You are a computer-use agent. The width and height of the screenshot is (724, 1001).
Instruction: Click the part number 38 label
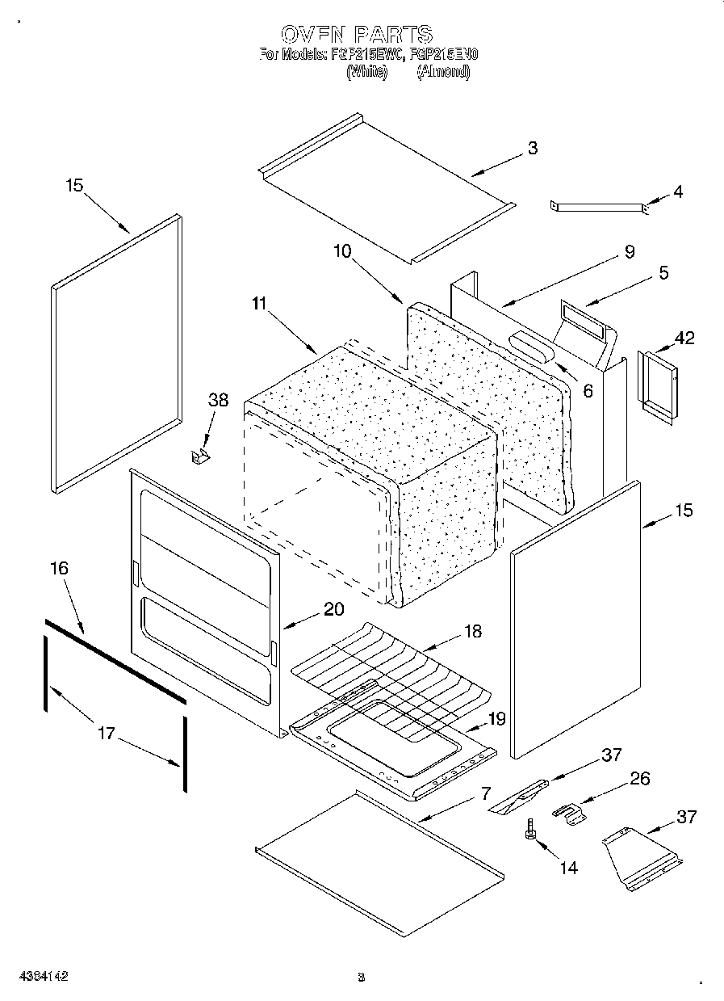(218, 400)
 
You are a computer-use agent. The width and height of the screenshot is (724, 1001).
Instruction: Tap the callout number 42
(684, 338)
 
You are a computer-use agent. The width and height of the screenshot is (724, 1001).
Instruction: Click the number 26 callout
(639, 779)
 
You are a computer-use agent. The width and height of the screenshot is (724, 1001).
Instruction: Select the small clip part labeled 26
(570, 813)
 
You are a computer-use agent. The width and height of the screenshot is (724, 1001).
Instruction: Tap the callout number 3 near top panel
(532, 148)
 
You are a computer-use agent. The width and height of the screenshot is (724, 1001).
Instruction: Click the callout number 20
(334, 610)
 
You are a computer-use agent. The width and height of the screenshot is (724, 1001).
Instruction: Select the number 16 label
(59, 568)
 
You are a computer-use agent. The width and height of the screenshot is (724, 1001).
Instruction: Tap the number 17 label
(107, 734)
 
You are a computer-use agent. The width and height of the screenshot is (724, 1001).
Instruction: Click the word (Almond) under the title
(442, 72)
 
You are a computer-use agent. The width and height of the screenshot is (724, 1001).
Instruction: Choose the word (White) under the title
(367, 72)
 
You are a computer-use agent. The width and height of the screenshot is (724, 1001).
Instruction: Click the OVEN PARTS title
(356, 34)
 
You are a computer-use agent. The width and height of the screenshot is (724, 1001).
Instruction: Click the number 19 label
(496, 718)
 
